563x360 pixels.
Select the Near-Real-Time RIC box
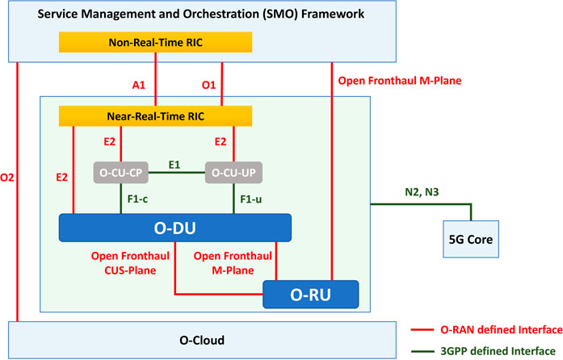(156, 116)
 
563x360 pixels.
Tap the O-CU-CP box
(121, 173)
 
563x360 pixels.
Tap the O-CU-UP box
(234, 173)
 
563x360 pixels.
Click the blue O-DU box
(175, 228)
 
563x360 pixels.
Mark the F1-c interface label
(137, 199)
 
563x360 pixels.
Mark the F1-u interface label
(250, 199)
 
